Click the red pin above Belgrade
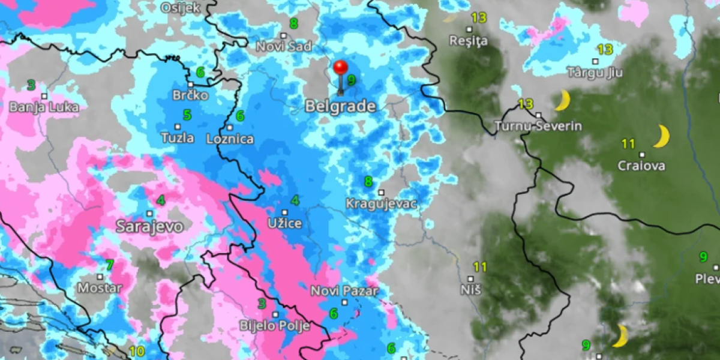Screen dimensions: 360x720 pos(341,67)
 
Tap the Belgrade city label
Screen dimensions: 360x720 pos(340,107)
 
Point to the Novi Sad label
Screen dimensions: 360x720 pos(284,46)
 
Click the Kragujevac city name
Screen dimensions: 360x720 pos(381,204)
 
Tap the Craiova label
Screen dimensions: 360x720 pos(641,166)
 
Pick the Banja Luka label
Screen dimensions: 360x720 pos(44,107)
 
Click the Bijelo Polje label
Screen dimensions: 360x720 pos(274,326)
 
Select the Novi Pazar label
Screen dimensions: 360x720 pos(344,291)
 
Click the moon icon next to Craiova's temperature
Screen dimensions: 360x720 pos(661,136)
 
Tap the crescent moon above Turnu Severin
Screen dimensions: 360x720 pos(562,100)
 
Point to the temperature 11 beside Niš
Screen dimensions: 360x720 pos(480,267)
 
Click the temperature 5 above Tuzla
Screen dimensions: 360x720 pos(187,115)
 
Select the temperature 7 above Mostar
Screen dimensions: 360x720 pos(109,265)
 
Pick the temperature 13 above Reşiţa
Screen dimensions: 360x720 pos(478,17)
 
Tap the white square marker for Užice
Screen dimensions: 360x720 pos(284,212)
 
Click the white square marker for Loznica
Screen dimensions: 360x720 pos(230,127)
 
